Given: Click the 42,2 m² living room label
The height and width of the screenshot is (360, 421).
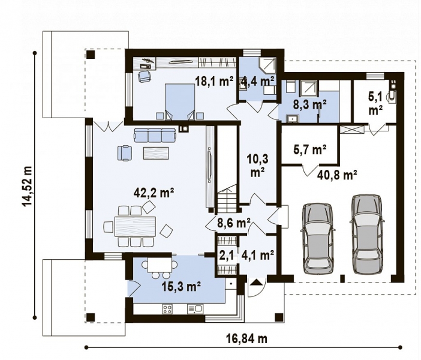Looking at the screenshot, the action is [154, 193].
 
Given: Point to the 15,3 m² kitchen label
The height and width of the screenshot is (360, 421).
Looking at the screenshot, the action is [182, 287].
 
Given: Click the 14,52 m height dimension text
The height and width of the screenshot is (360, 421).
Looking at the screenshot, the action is [27, 186].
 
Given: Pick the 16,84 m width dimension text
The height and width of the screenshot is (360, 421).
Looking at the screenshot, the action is [245, 338].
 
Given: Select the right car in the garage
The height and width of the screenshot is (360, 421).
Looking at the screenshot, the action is [367, 234].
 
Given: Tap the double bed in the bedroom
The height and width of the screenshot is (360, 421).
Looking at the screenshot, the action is [180, 101].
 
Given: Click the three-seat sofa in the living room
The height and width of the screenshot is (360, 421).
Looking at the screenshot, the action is [155, 135].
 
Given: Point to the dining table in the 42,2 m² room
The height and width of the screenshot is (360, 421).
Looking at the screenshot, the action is [135, 226].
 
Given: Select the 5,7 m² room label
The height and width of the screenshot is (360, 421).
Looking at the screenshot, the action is [310, 149].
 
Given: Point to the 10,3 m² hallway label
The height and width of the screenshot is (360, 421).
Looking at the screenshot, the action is [257, 166].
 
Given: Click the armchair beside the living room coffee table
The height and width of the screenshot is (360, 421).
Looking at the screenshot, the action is [125, 153].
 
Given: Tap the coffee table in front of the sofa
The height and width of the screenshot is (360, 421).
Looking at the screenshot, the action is [156, 153].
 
